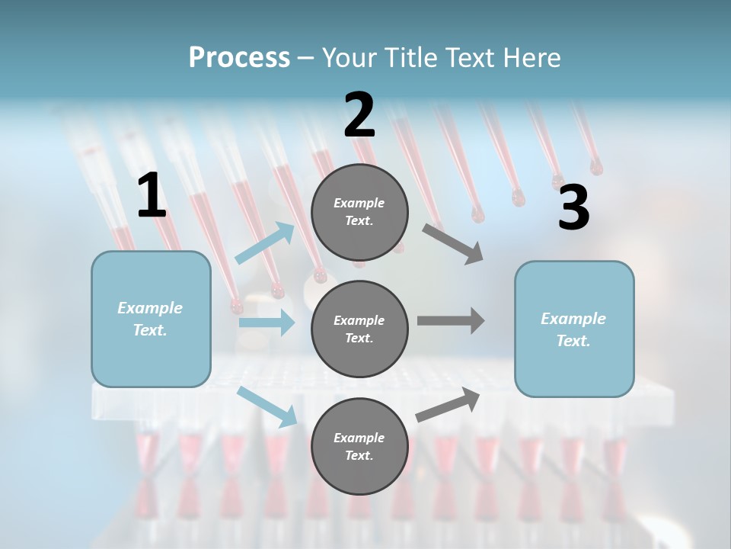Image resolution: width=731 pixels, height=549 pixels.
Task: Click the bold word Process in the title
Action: [x=239, y=58]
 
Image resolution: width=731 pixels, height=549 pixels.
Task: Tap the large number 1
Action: [x=152, y=196]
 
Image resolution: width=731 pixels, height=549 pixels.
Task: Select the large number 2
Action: [x=359, y=115]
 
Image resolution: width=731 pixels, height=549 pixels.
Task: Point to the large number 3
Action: [x=573, y=207]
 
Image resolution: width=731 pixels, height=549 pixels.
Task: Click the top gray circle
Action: [x=359, y=212]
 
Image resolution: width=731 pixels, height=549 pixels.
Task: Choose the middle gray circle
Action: [x=359, y=329]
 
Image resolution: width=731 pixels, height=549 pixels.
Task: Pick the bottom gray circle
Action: [x=359, y=446]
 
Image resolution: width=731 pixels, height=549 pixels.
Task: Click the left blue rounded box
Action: [x=151, y=319]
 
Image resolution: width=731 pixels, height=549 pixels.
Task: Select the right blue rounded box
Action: [x=574, y=329]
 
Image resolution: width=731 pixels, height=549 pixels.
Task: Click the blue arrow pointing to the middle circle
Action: [x=267, y=323]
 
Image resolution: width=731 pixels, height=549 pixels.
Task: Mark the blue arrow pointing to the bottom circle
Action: [x=267, y=406]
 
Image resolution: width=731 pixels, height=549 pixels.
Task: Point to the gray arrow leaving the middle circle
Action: [x=451, y=321]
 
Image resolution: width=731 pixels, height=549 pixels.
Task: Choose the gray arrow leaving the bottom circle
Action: [x=448, y=405]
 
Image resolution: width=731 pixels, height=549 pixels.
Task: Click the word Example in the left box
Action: [x=150, y=308]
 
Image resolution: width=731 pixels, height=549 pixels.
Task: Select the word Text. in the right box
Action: [x=573, y=341]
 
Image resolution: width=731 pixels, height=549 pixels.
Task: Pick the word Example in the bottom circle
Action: [x=359, y=438]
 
